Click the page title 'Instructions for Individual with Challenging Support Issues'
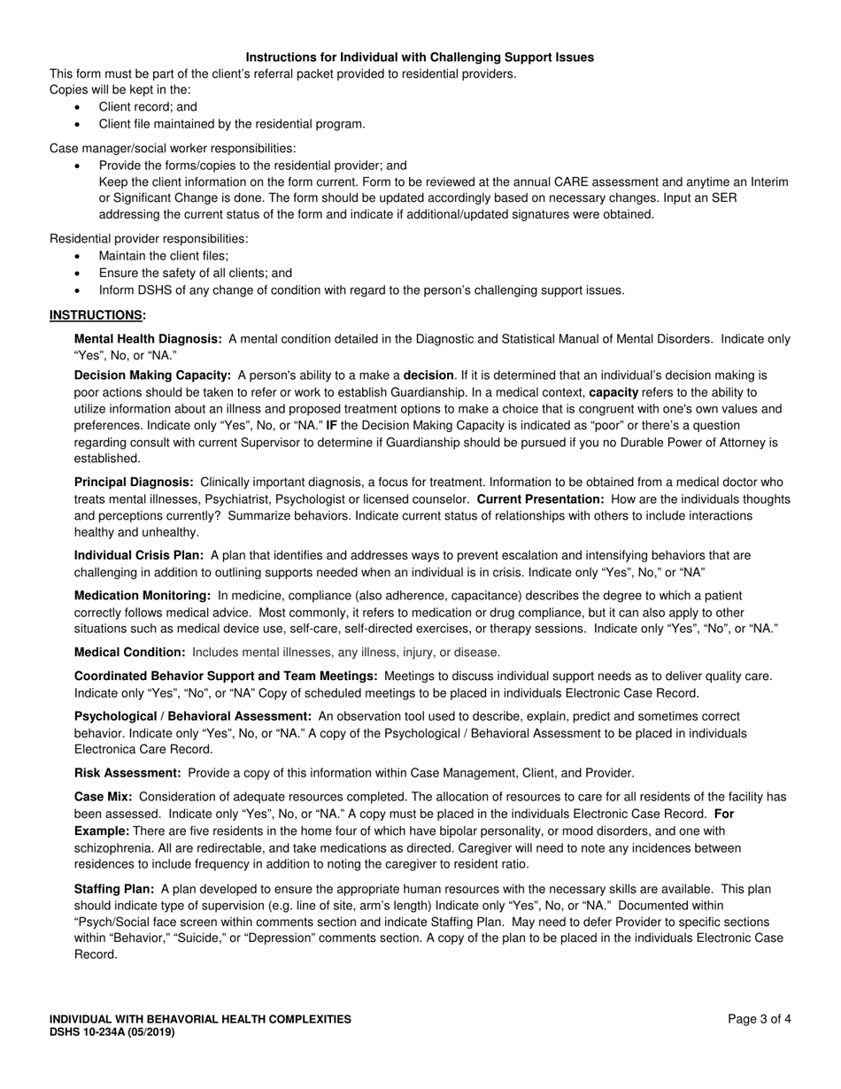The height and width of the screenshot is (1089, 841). tap(420, 58)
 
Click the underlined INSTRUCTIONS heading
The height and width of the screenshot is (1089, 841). tap(96, 315)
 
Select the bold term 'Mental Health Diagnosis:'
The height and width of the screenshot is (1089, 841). tap(148, 339)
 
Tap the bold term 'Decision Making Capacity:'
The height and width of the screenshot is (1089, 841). tap(152, 375)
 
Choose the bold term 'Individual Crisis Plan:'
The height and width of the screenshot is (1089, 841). tap(139, 556)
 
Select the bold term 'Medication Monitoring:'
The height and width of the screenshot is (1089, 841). tap(143, 596)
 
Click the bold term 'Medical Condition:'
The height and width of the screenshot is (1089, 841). tap(130, 653)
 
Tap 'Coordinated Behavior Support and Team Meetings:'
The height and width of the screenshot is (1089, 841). tap(226, 676)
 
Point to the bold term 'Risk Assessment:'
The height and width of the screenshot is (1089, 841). tap(127, 773)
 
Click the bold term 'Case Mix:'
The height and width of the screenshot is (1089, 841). tap(104, 797)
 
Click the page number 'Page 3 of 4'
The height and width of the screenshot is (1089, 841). tap(760, 1019)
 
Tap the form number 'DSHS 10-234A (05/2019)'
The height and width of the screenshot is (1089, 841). tap(112, 1031)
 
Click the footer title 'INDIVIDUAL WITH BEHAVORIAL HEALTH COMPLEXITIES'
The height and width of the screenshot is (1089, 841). tap(200, 1019)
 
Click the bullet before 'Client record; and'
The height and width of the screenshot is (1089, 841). tap(79, 107)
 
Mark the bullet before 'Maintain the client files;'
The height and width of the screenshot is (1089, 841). tap(79, 256)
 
